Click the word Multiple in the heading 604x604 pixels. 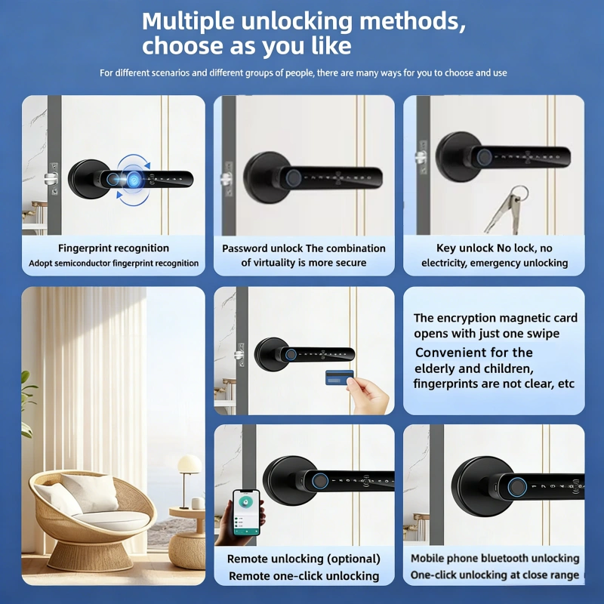click(188, 21)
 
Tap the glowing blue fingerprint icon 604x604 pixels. click(134, 180)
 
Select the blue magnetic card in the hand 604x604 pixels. click(339, 377)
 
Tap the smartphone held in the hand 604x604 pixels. click(246, 513)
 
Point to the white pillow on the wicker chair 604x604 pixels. click(91, 492)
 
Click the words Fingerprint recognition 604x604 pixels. click(114, 248)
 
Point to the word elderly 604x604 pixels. click(433, 368)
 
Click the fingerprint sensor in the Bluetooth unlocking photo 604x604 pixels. click(516, 487)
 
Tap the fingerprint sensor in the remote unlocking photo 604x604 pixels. click(319, 481)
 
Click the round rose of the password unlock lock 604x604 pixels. click(265, 177)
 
